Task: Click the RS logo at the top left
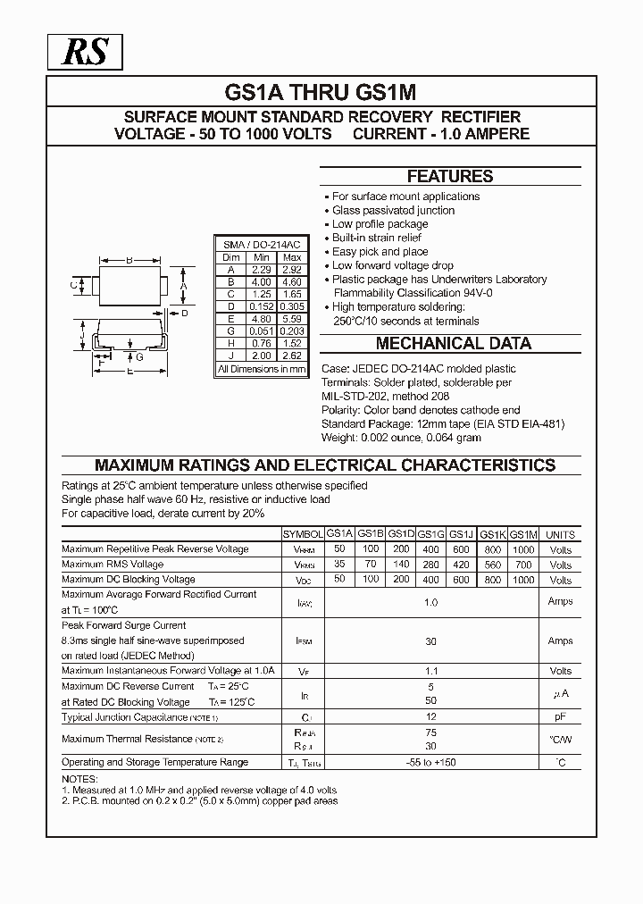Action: click(85, 53)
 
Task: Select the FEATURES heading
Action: click(450, 176)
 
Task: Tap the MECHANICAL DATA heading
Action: click(453, 343)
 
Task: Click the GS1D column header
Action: click(401, 534)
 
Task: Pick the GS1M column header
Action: click(523, 534)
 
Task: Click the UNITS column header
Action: click(561, 534)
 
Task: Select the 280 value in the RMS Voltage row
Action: click(430, 565)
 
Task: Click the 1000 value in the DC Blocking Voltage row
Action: click(523, 580)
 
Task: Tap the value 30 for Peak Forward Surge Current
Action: click(430, 640)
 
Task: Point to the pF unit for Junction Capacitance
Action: click(561, 717)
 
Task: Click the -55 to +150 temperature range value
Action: click(430, 762)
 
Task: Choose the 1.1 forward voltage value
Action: click(430, 671)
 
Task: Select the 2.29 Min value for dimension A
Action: click(262, 270)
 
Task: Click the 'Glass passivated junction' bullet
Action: click(393, 210)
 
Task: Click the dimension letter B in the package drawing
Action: click(129, 260)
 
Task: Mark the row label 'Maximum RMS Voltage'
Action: click(113, 565)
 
